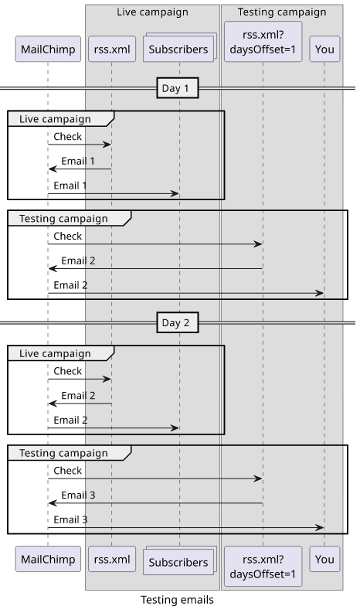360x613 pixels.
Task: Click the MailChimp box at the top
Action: (48, 49)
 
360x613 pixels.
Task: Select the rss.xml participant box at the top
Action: (112, 49)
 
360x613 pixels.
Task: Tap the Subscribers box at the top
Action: (179, 48)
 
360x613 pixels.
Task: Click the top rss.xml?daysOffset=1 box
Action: (263, 42)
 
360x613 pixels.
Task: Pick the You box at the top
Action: (324, 49)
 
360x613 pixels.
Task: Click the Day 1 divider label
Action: (178, 88)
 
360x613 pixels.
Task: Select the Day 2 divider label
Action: (178, 322)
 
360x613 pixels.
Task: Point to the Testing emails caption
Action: (177, 600)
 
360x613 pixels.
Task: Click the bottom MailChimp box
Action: (48, 559)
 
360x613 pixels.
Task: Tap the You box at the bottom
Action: (324, 559)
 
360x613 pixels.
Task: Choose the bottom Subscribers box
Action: (179, 560)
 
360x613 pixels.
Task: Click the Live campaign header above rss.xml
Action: (152, 12)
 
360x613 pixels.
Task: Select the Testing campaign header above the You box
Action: (282, 12)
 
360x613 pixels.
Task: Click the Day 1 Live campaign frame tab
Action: (61, 119)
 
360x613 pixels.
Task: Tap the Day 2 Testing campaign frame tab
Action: (70, 453)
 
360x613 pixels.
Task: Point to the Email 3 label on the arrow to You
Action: (70, 519)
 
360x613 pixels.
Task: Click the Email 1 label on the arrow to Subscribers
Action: (70, 186)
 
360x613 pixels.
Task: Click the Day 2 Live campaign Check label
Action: (68, 371)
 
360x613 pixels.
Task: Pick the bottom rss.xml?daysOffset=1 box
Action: (263, 566)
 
